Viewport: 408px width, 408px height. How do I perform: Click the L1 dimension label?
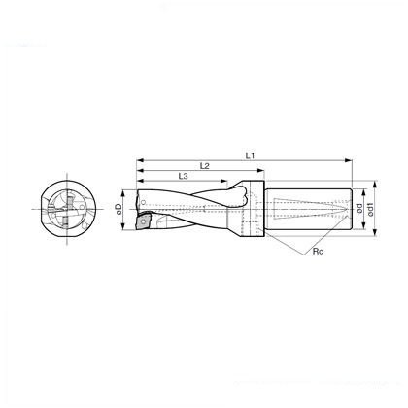coord(250,155)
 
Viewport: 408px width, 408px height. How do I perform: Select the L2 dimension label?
coord(205,166)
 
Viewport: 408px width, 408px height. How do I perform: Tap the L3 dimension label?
coord(184,176)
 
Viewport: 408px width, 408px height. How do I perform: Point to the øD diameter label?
coord(119,209)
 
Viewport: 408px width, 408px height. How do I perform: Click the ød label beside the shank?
coord(359,208)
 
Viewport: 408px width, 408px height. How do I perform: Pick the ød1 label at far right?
coord(370,209)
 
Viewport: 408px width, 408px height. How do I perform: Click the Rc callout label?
coord(318,252)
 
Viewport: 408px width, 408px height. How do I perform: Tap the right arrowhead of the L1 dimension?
coord(348,160)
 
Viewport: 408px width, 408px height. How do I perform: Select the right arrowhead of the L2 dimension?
coord(260,171)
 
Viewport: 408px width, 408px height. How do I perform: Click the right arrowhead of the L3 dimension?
coord(224,181)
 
